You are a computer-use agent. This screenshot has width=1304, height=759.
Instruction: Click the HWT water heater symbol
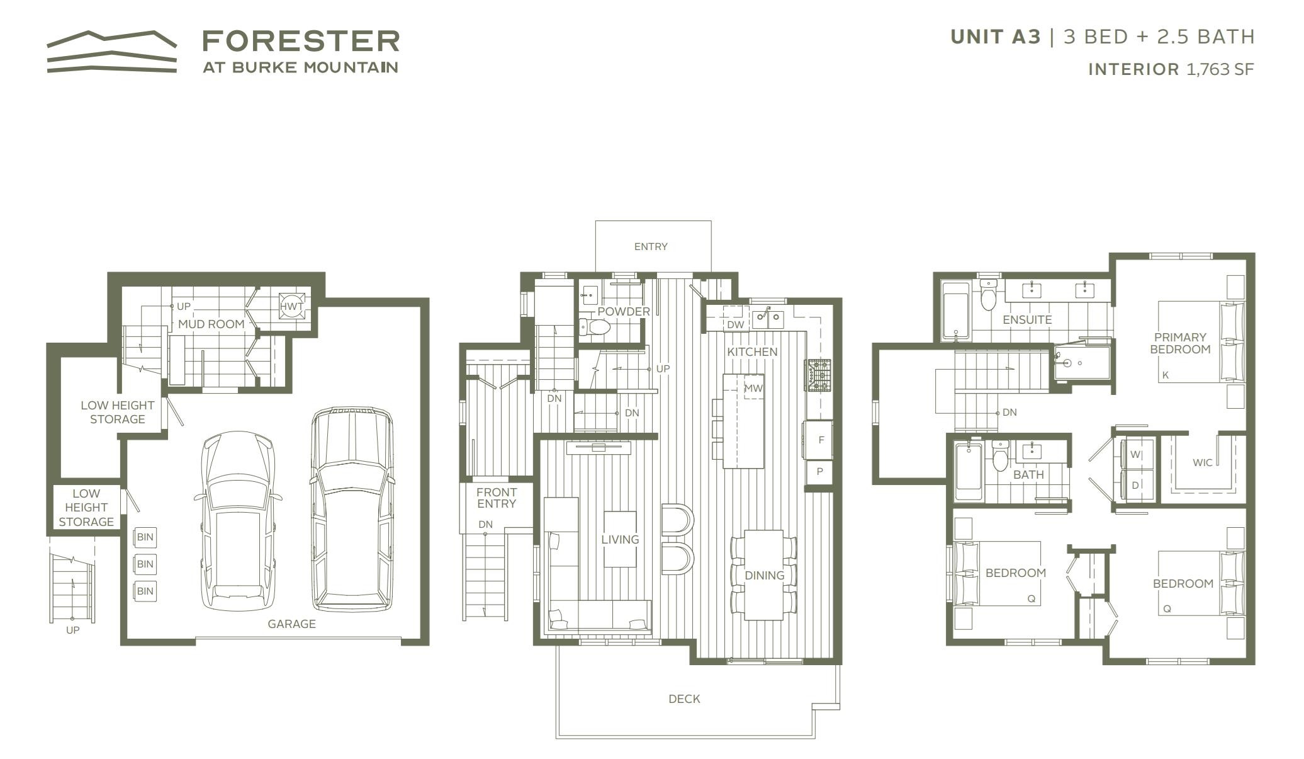(x=291, y=306)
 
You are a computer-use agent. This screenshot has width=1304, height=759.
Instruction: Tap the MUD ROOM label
(x=211, y=324)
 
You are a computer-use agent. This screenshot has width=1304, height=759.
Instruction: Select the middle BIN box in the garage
(x=145, y=564)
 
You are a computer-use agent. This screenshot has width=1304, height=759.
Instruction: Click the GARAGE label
(x=291, y=624)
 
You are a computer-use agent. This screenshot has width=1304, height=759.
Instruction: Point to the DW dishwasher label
(x=735, y=324)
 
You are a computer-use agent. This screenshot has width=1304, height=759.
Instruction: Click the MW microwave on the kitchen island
(x=753, y=388)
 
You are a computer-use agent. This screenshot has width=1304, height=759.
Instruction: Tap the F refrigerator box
(x=820, y=440)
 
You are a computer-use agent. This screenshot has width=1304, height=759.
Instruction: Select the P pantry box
(x=819, y=472)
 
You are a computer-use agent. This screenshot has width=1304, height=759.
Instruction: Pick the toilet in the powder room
(x=595, y=327)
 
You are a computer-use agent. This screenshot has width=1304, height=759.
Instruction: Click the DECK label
(x=684, y=699)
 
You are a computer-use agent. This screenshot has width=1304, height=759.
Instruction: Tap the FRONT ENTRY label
(x=497, y=498)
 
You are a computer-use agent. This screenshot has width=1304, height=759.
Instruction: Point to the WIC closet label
(x=1202, y=462)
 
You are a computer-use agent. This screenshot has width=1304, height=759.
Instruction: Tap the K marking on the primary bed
(x=1166, y=375)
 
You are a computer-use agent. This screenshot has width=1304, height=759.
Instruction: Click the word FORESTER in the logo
(x=301, y=41)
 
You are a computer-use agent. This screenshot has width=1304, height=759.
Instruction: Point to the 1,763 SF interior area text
(x=1220, y=69)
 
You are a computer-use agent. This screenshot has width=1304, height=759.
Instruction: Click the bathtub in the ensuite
(x=955, y=311)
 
